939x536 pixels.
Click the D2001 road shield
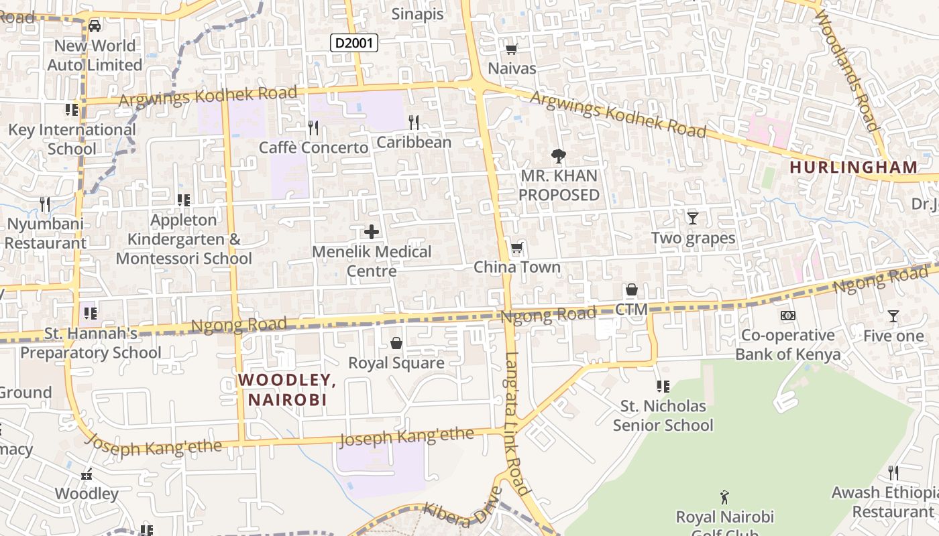coord(354,44)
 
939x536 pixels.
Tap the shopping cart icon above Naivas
coord(512,49)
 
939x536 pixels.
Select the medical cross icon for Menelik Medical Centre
coord(372,232)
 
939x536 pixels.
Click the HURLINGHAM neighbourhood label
coord(853,167)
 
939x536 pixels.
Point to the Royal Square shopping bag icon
coord(396,344)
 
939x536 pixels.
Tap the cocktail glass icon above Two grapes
coord(693,218)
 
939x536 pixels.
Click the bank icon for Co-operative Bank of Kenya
coord(788,316)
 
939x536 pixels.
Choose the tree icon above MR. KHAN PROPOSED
coord(558,156)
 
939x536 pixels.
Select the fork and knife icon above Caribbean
coord(414,123)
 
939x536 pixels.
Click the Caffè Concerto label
coord(313,147)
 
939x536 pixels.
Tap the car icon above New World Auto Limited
coord(95,26)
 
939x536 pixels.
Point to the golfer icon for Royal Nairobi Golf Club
coord(724,497)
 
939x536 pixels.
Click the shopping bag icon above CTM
coord(631,290)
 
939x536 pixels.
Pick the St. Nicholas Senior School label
coord(663,415)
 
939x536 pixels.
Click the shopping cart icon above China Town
coord(516,249)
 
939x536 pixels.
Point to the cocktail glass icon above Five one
coord(893,316)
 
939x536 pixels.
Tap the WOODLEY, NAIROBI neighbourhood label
coord(287,390)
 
